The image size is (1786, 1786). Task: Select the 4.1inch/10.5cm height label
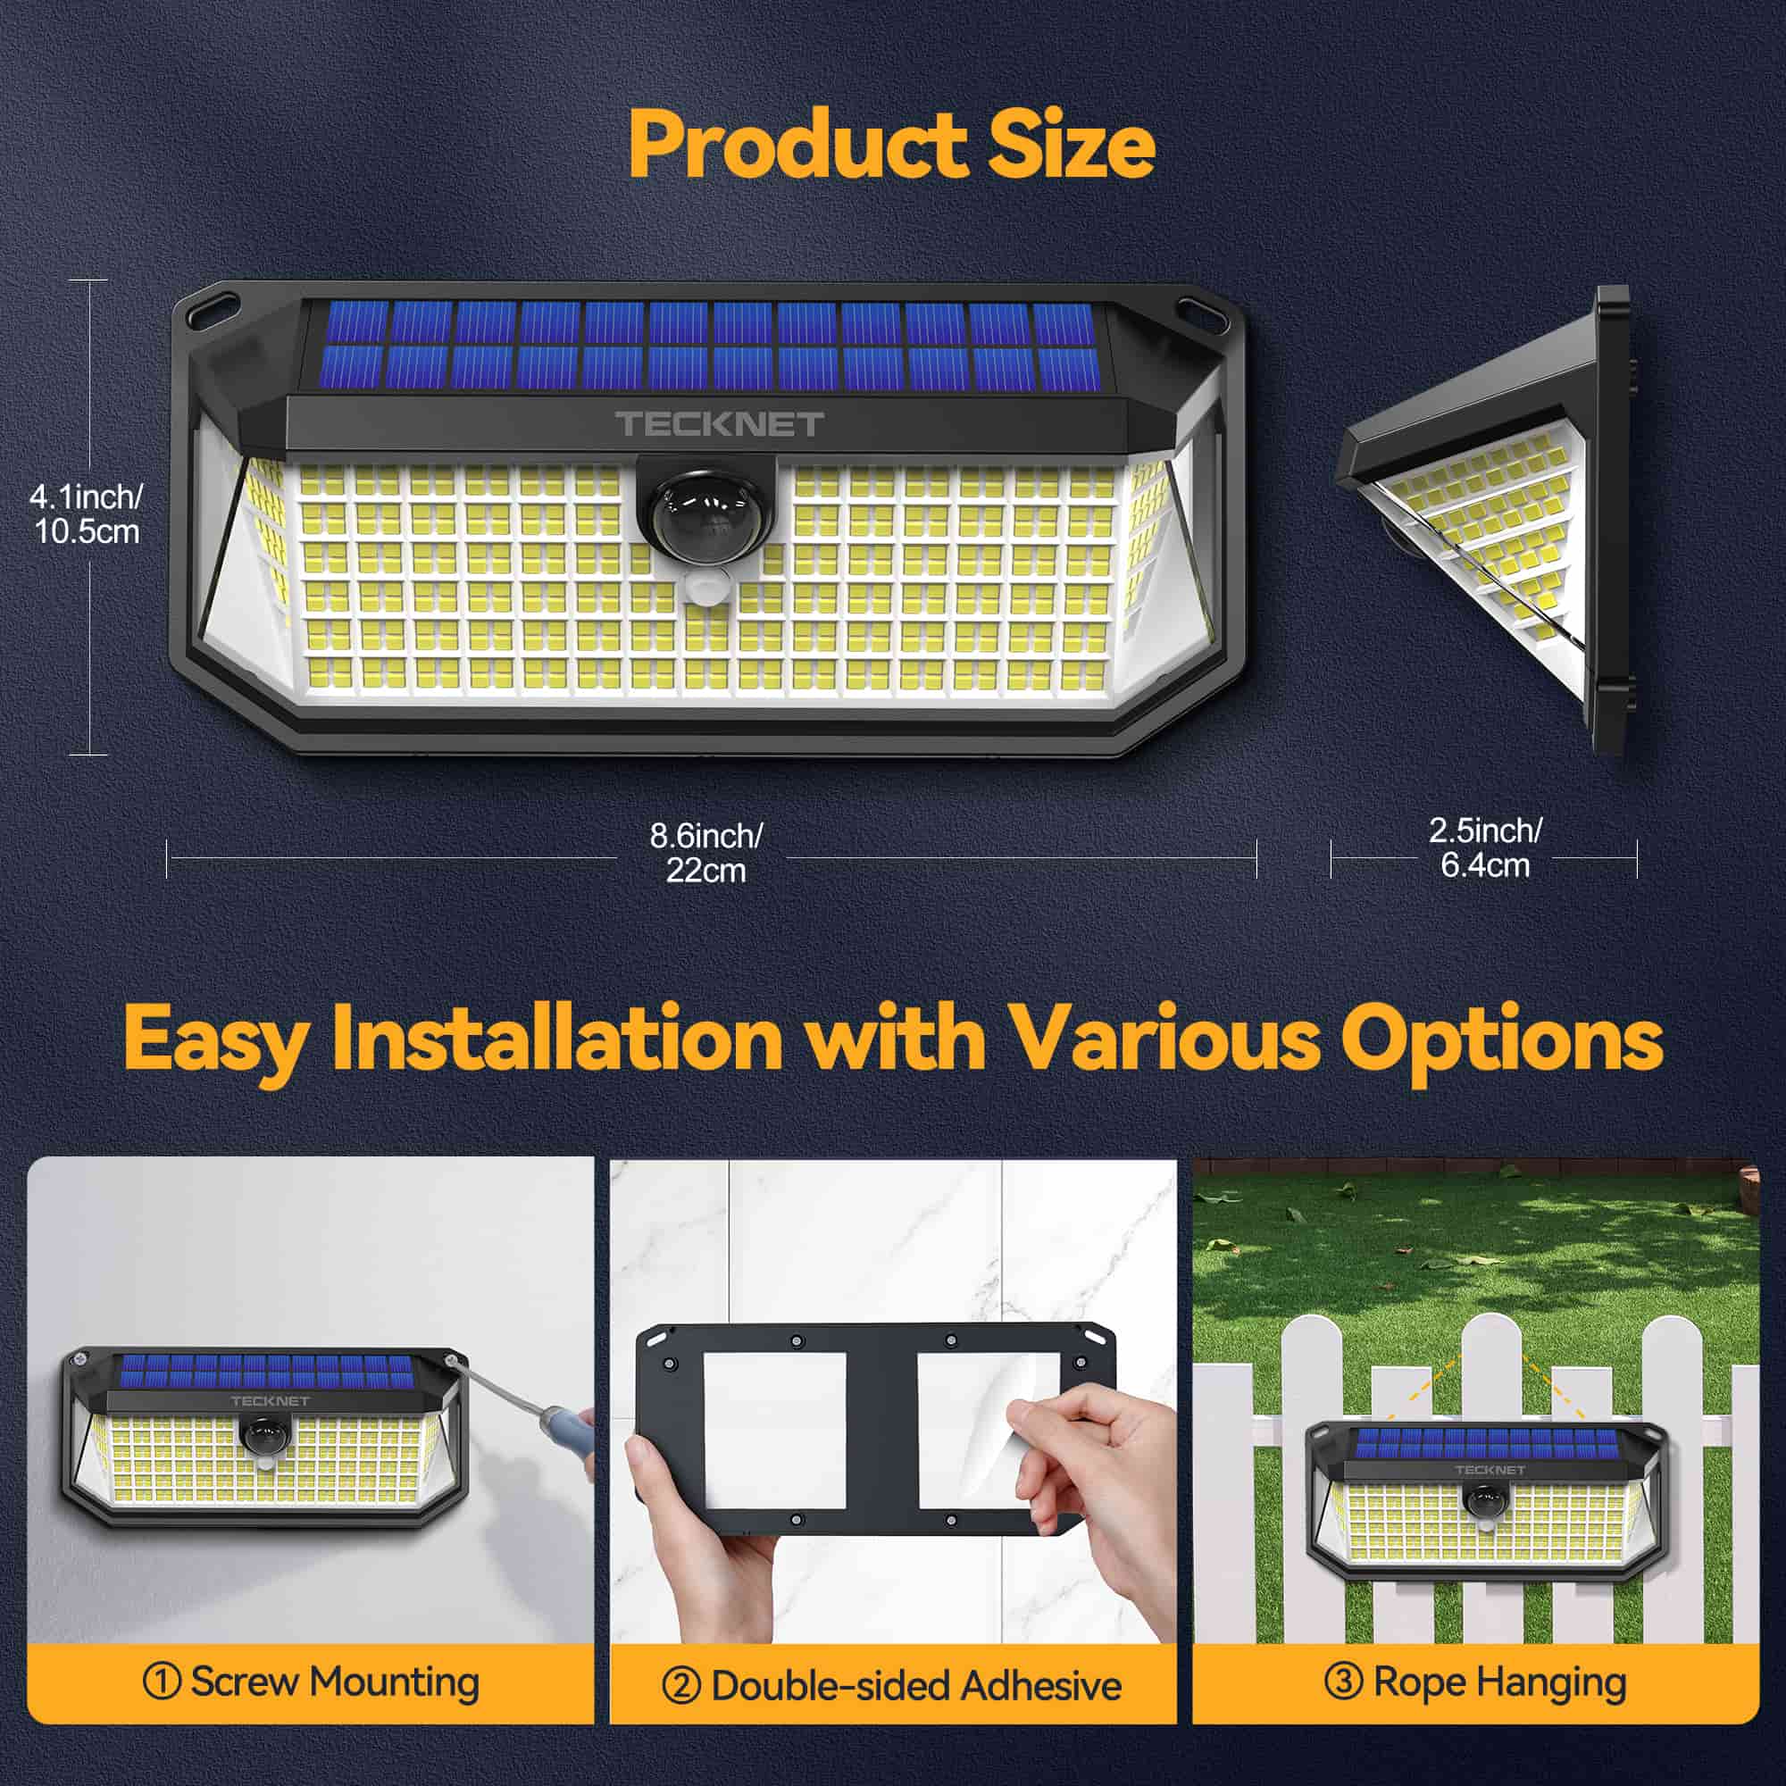tap(87, 514)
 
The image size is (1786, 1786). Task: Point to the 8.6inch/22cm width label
tap(705, 852)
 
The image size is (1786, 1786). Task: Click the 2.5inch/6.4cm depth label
tap(1485, 847)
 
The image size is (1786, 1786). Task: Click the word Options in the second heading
tap(1501, 1040)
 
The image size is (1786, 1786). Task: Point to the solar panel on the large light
tap(707, 344)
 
